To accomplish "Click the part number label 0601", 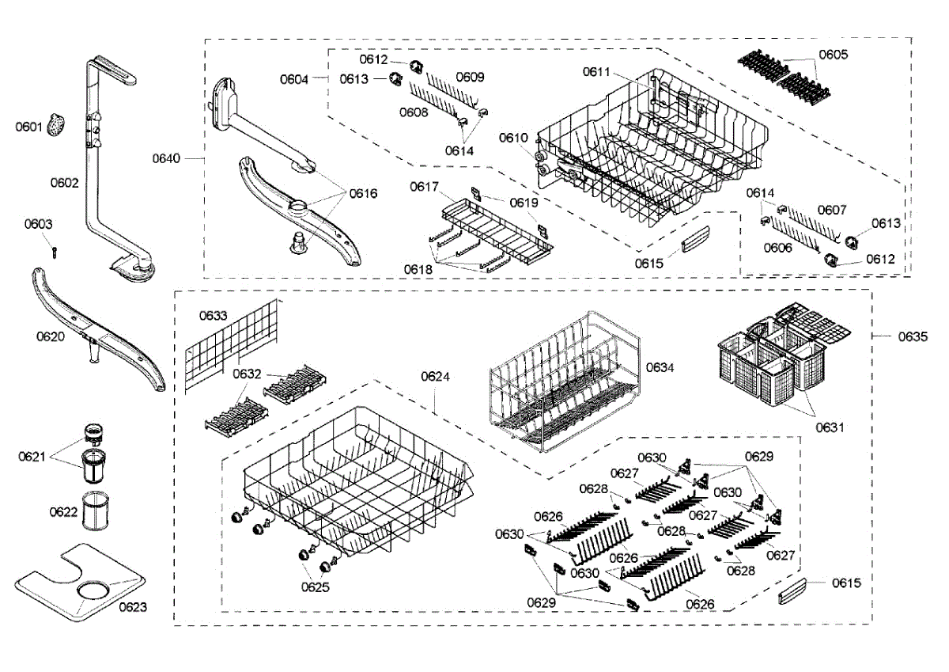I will [x=28, y=127].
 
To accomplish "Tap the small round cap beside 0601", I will [x=56, y=125].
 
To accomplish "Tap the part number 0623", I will [x=133, y=607].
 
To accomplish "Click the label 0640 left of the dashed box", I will [x=167, y=158].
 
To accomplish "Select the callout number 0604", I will [x=293, y=78].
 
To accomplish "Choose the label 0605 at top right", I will [x=833, y=55].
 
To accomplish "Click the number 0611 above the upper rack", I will [x=597, y=72].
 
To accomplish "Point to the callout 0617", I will [x=424, y=187].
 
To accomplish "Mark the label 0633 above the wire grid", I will [x=213, y=315].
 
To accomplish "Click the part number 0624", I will [x=436, y=377].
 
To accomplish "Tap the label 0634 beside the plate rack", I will [x=660, y=366].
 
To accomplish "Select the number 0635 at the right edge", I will [x=912, y=336].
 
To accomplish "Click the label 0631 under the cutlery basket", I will [x=830, y=427].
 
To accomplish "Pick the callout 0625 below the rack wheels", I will [x=315, y=587].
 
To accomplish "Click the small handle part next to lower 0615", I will [x=793, y=590].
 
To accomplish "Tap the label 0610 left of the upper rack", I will [x=512, y=138].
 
